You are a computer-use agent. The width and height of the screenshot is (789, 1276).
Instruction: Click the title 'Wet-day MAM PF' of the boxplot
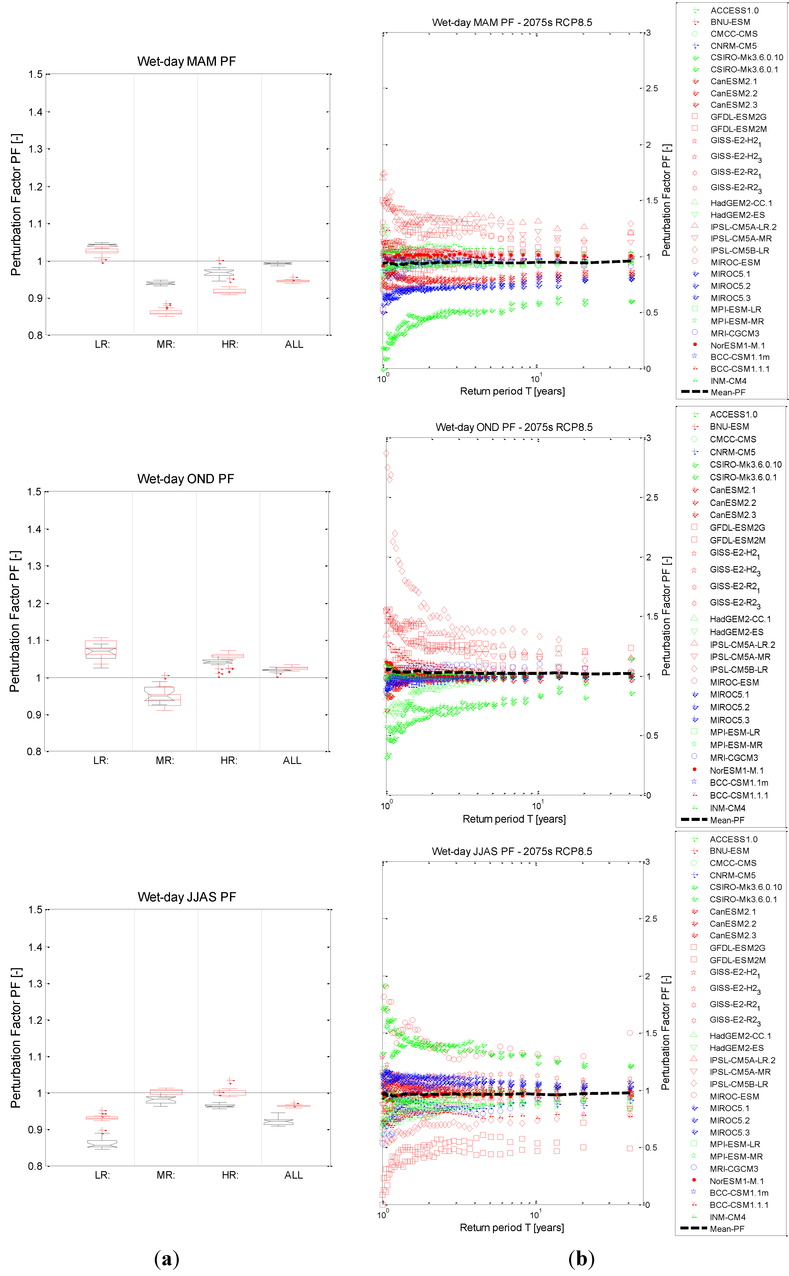coord(186,62)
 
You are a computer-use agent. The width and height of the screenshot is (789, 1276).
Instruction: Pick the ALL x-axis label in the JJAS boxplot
coord(293,1175)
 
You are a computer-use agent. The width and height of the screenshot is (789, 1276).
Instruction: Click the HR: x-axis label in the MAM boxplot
coord(230,344)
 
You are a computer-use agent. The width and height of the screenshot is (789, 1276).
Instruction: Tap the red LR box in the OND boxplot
coord(101,649)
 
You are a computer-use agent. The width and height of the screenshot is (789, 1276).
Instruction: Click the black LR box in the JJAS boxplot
coord(102,1144)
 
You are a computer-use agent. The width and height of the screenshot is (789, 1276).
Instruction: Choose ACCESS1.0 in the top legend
coord(734,10)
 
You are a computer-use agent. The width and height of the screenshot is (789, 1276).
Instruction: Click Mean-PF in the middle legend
coord(727,820)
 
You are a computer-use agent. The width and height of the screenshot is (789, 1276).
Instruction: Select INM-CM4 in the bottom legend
coord(727,1217)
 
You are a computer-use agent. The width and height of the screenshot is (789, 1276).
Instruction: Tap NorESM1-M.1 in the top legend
coord(737,345)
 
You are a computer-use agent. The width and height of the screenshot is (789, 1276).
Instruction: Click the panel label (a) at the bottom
coord(167,1259)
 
